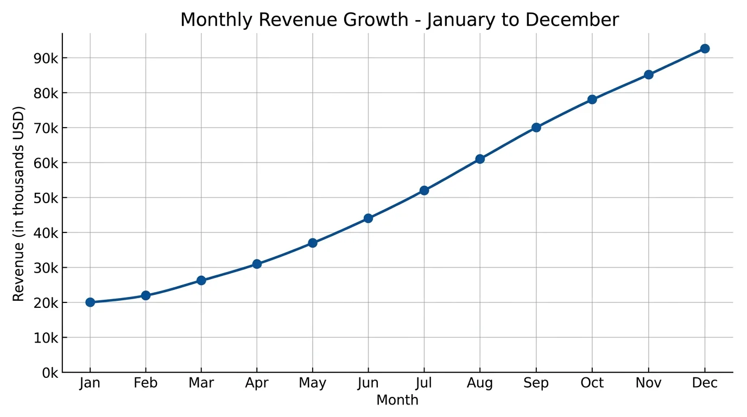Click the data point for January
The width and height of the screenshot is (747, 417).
point(90,302)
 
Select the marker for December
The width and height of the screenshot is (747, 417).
point(705,48)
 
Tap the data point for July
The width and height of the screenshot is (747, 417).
point(424,191)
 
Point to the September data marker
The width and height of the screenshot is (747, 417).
point(536,128)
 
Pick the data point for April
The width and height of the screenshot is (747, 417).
point(257,264)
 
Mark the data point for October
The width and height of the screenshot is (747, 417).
point(592,99)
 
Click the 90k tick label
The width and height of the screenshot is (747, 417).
point(46,58)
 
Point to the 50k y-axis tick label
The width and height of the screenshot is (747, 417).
point(46,198)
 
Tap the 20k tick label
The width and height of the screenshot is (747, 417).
point(46,302)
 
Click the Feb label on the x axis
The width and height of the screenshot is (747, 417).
point(145,383)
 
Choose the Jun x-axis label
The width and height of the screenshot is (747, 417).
point(368,383)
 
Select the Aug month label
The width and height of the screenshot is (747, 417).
point(480,383)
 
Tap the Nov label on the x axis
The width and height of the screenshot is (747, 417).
point(648,383)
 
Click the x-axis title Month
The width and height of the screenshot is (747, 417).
point(397,401)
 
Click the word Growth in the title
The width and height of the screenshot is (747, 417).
point(381,20)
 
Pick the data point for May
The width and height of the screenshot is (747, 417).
point(312,243)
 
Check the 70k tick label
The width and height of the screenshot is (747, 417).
point(46,128)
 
